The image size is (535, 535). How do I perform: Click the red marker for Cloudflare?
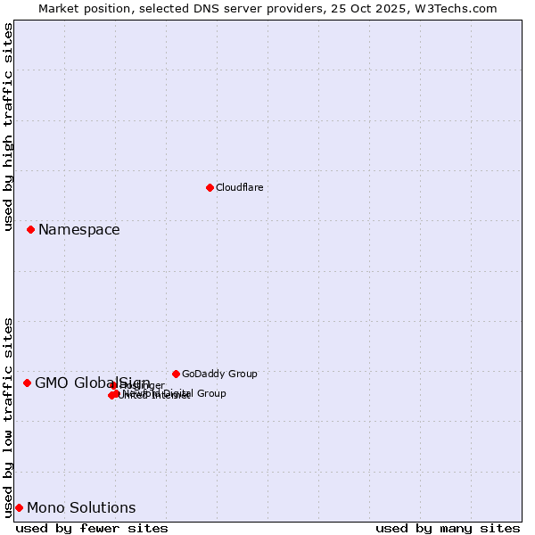[x=210, y=187]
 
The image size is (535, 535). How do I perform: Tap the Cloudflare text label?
[x=239, y=187]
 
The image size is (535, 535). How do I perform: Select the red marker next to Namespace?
[x=30, y=229]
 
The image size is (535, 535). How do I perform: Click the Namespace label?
[x=78, y=230]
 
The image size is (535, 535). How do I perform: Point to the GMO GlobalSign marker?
[x=27, y=383]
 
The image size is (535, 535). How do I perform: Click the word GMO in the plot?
[x=52, y=383]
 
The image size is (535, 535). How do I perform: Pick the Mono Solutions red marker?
[x=19, y=507]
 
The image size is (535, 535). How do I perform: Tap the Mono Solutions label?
[x=81, y=508]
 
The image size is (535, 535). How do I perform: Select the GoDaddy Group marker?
[x=176, y=374]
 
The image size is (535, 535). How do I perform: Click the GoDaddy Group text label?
[x=219, y=374]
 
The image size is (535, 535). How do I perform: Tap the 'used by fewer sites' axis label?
[x=92, y=528]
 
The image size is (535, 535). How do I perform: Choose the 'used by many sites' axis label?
[x=448, y=528]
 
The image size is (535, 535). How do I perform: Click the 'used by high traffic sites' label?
[x=9, y=128]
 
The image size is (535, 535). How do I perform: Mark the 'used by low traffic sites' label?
[x=9, y=416]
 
